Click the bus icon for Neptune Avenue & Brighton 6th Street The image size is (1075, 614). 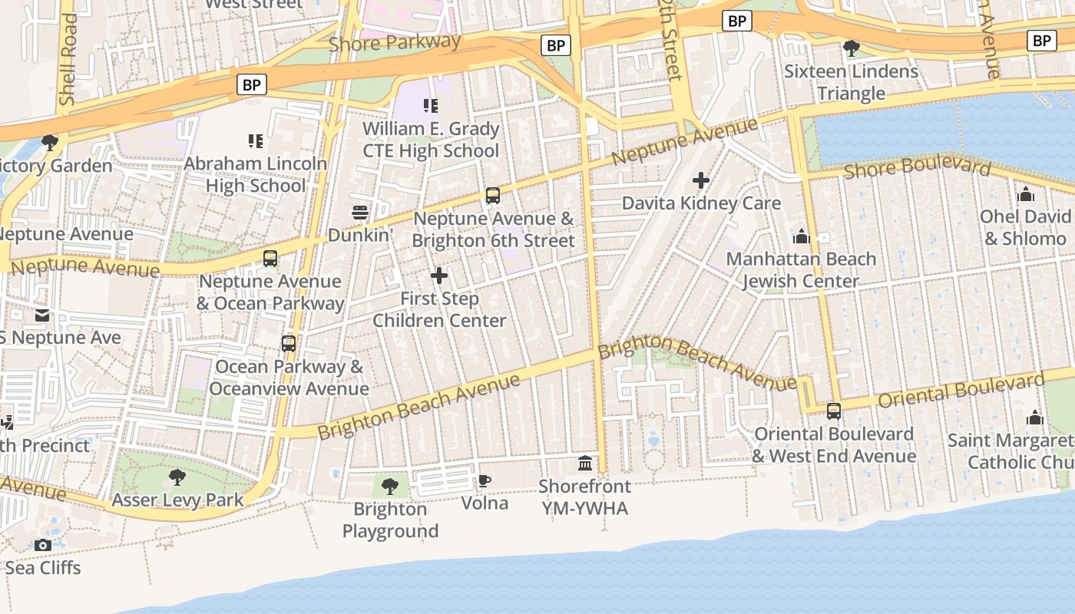pyautogui.click(x=493, y=196)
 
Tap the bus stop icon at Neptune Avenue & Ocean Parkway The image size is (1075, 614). pyautogui.click(x=270, y=259)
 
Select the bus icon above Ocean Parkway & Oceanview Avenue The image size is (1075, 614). pyautogui.click(x=289, y=344)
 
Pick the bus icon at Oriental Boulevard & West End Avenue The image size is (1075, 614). pyautogui.click(x=834, y=411)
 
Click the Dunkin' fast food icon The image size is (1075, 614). pyautogui.click(x=360, y=213)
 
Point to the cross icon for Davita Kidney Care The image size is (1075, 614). pyautogui.click(x=700, y=181)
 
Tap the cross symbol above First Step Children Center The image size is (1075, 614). pyautogui.click(x=439, y=276)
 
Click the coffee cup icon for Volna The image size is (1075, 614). pyautogui.click(x=484, y=481)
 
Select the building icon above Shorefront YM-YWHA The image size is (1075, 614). pyautogui.click(x=585, y=464)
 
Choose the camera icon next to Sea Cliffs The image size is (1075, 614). pyautogui.click(x=43, y=545)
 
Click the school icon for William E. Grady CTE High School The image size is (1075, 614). pyautogui.click(x=431, y=106)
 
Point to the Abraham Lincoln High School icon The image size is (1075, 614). pyautogui.click(x=256, y=141)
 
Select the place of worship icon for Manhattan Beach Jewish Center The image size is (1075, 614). pyautogui.click(x=802, y=236)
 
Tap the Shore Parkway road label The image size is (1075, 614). pyautogui.click(x=395, y=43)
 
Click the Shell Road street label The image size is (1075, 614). pyautogui.click(x=68, y=59)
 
